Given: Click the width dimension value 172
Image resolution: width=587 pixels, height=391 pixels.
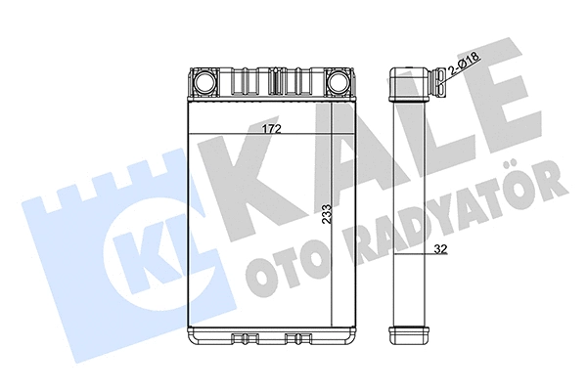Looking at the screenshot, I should coord(271,127).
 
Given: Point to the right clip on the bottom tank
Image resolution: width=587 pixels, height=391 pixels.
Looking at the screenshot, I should coord(295,339).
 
